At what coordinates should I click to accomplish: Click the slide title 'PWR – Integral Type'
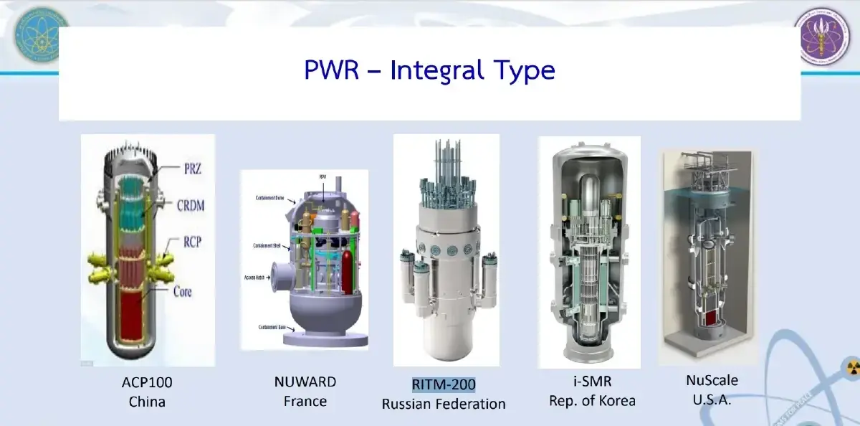[429, 71]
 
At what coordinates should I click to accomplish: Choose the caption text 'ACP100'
[147, 382]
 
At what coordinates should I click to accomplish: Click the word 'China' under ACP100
[147, 402]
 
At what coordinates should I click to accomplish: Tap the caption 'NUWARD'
[305, 382]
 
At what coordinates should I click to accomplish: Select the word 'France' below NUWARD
[305, 401]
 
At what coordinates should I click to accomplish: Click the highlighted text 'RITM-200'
[444, 385]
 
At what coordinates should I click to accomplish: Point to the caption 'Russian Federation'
[444, 404]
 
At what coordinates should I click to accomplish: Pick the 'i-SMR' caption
[587, 382]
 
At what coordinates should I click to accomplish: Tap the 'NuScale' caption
[712, 380]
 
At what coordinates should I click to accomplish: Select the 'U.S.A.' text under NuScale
[712, 399]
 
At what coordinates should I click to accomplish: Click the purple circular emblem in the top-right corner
[823, 36]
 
